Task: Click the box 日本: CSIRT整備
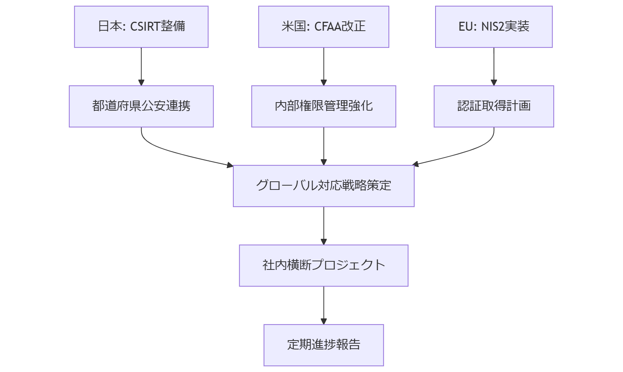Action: (141, 27)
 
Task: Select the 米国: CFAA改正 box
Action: (324, 27)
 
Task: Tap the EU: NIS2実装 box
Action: (493, 27)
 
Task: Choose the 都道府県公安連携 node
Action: (141, 106)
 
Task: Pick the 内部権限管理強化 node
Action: (324, 106)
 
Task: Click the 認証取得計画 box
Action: (493, 106)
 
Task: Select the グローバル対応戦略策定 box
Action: (324, 186)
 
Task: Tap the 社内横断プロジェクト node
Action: (324, 266)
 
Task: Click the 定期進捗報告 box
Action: (324, 345)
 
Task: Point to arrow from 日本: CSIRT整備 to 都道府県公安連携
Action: (141, 66)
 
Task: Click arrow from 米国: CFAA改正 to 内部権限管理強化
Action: (324, 66)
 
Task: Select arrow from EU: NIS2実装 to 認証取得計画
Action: (494, 66)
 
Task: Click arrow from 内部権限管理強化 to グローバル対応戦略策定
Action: (324, 146)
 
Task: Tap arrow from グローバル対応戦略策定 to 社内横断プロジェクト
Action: (324, 225)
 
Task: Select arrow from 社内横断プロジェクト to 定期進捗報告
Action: (324, 305)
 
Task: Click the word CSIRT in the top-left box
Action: (145, 27)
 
